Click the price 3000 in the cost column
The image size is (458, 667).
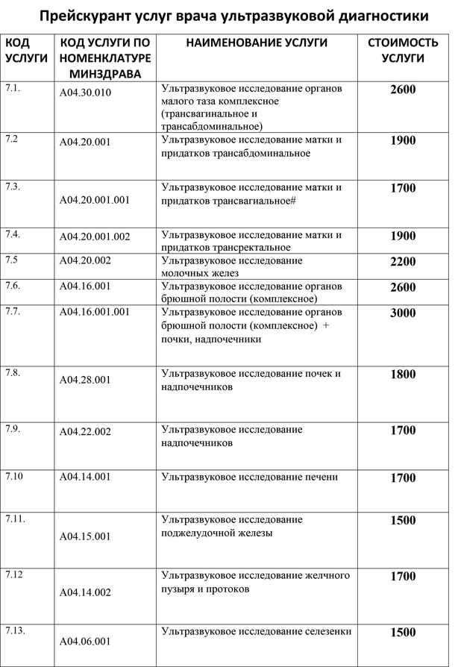pos(403,313)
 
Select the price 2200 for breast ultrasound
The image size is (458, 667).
pos(403,262)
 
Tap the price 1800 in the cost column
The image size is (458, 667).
pos(403,375)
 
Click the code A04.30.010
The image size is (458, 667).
pos(86,95)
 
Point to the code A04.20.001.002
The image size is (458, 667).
pos(95,237)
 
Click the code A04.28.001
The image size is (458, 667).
pos(86,380)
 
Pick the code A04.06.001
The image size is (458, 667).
pos(86,641)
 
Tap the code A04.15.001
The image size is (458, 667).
pos(86,536)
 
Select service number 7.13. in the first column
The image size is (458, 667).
pos(16,630)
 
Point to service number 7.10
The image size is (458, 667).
pos(14,475)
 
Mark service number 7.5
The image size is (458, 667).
pos(12,260)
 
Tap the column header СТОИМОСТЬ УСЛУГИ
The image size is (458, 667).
pos(403,50)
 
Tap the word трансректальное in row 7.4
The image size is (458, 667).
pos(248,248)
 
